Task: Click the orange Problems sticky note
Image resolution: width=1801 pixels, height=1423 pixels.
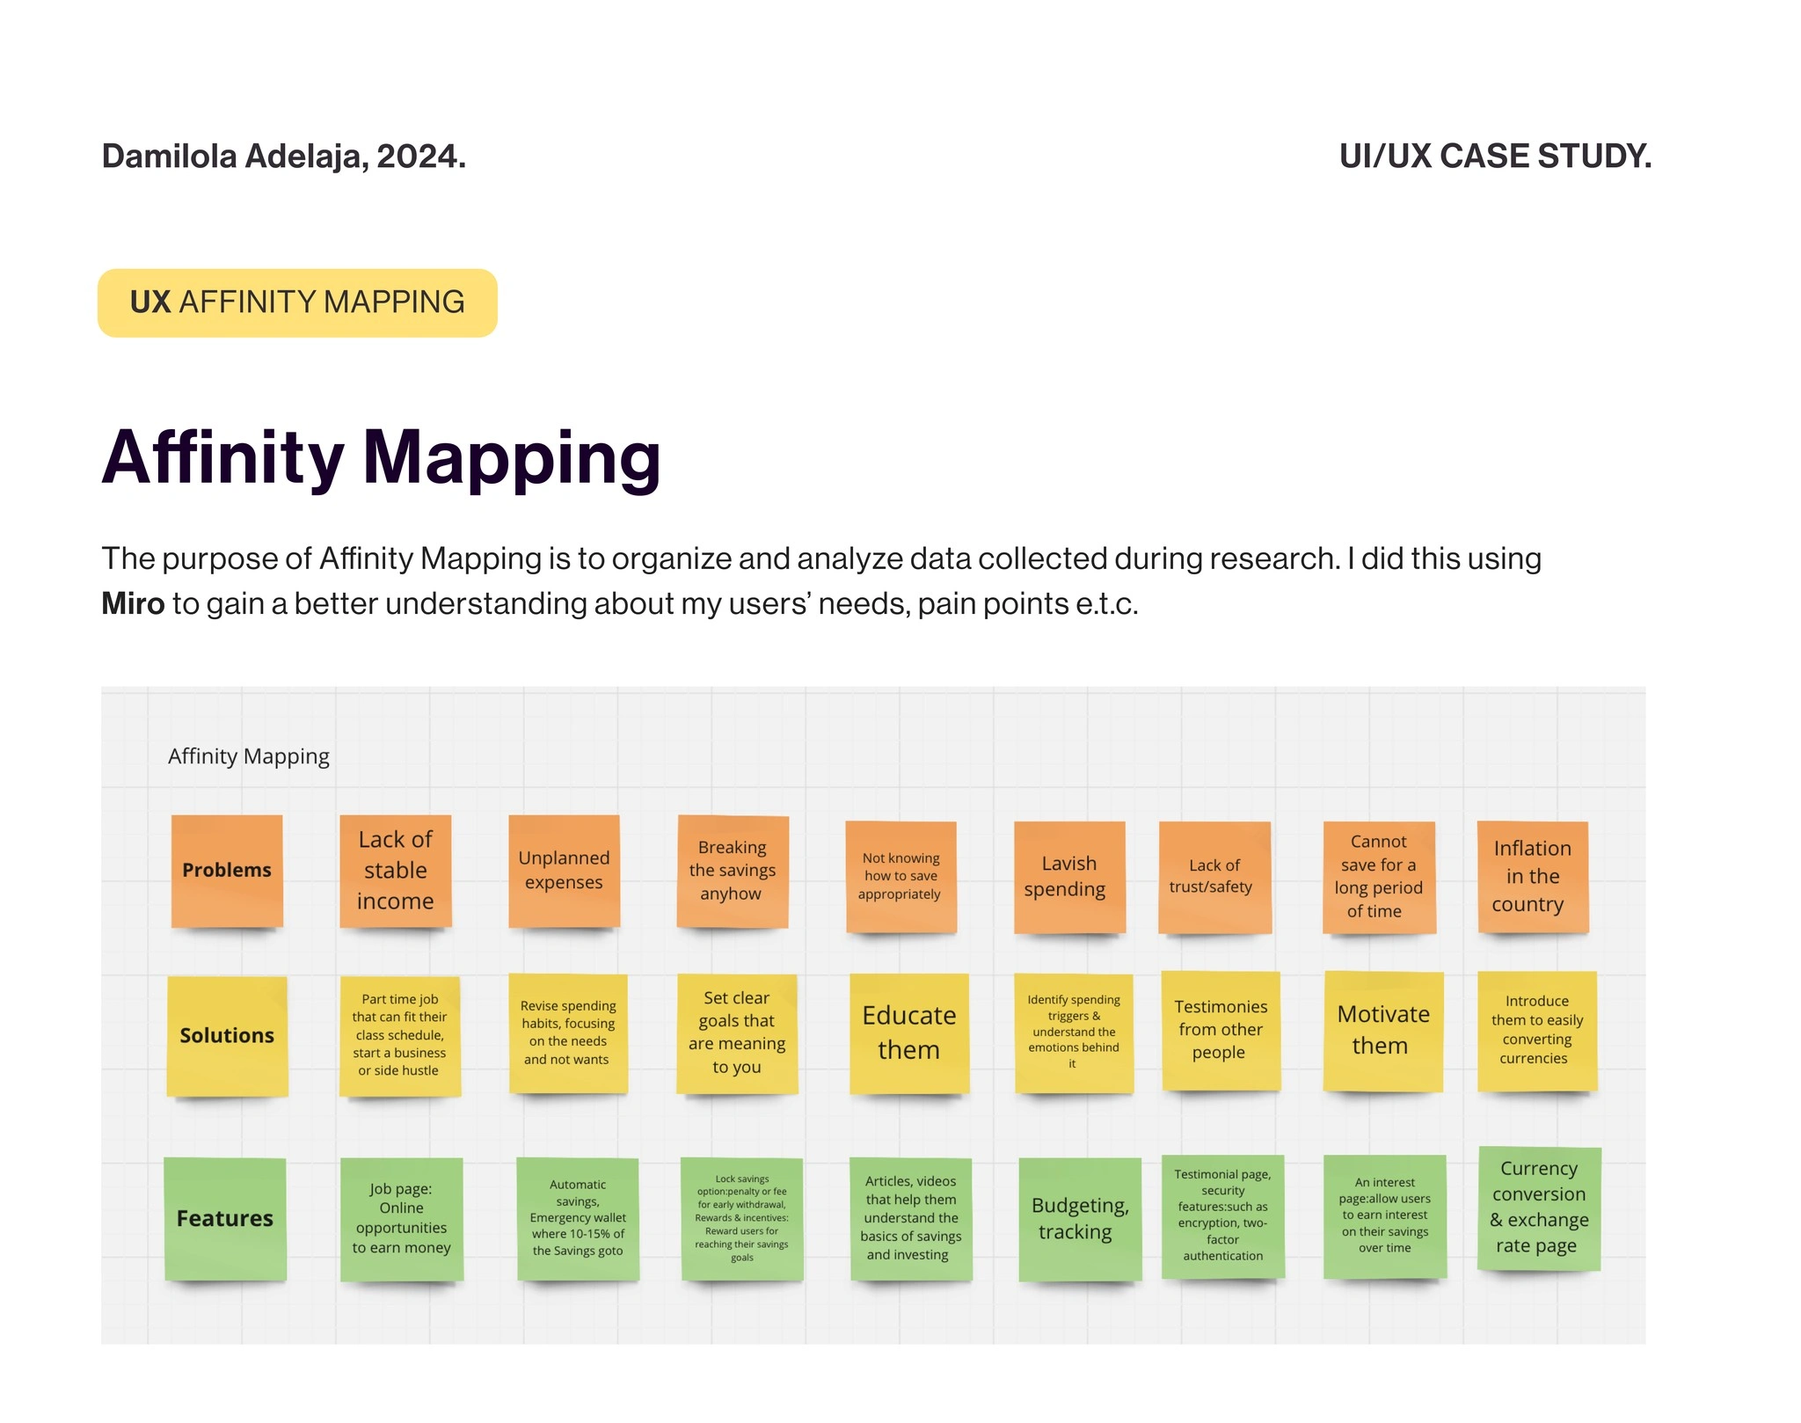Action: click(x=227, y=871)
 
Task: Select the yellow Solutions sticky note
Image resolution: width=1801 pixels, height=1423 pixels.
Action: click(x=227, y=1036)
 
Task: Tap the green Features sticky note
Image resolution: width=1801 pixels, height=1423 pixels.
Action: click(x=225, y=1219)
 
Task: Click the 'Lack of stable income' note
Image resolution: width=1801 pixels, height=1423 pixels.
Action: click(x=396, y=871)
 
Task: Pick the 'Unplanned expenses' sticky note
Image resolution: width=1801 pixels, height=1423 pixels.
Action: click(x=565, y=871)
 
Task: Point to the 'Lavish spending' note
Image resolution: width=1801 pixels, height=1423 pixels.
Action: click(x=1069, y=877)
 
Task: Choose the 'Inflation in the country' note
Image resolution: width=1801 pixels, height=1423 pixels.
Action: click(x=1533, y=877)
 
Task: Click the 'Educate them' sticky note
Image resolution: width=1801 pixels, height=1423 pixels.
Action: click(x=909, y=1033)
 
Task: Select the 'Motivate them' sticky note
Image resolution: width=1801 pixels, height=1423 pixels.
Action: click(x=1383, y=1031)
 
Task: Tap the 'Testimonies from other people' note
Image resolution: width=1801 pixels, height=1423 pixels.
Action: click(x=1221, y=1031)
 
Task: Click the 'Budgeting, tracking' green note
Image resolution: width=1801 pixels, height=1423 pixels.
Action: click(x=1080, y=1219)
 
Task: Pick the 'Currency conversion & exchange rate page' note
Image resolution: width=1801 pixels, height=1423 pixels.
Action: click(x=1539, y=1208)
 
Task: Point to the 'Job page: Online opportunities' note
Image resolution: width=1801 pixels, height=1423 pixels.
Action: click(x=402, y=1219)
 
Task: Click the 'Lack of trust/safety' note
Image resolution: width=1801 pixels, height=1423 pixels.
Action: click(x=1214, y=877)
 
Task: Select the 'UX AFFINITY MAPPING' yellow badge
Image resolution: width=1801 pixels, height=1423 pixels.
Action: click(x=297, y=303)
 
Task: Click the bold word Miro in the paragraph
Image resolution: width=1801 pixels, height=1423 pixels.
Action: click(x=133, y=604)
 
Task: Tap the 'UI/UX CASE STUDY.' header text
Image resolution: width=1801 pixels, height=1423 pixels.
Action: click(x=1495, y=157)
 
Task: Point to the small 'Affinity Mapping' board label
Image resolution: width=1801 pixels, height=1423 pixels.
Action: click(x=249, y=756)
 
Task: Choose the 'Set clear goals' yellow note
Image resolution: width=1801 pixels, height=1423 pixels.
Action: click(x=737, y=1033)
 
